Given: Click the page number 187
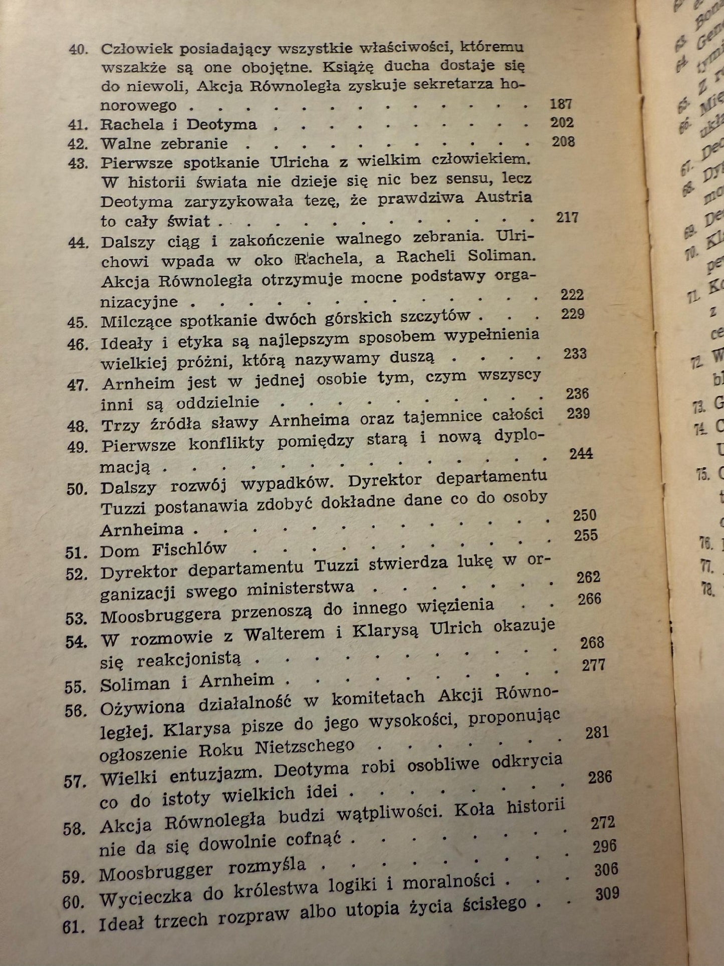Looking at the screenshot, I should pyautogui.click(x=561, y=104).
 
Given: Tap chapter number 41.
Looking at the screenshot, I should pyautogui.click(x=78, y=125).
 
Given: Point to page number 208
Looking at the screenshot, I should pyautogui.click(x=563, y=142).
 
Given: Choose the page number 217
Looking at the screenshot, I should pyautogui.click(x=567, y=217).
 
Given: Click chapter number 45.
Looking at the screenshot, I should pyautogui.click(x=78, y=322).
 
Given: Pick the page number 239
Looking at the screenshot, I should pyautogui.click(x=578, y=414).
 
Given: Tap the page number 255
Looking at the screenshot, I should pyautogui.click(x=586, y=535).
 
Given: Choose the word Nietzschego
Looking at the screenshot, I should pyautogui.click(x=304, y=748).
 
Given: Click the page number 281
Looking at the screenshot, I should pyautogui.click(x=597, y=733).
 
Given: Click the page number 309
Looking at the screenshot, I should pyautogui.click(x=607, y=893).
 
